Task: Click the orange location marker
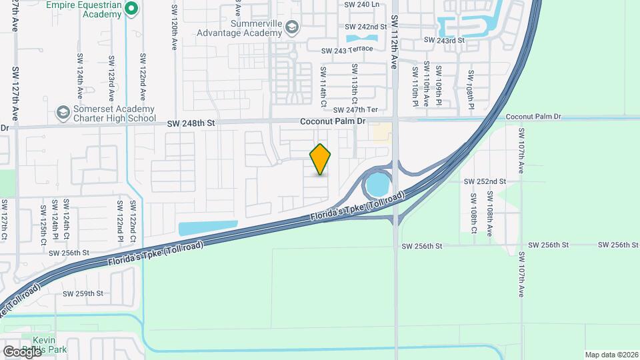320,159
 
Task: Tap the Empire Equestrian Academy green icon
131,9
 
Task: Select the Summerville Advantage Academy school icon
291,27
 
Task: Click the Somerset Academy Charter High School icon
63,112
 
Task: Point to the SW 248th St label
192,123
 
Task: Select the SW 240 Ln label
361,4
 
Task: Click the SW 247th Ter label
355,110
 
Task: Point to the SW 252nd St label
485,181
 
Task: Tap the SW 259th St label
83,293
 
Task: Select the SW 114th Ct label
323,86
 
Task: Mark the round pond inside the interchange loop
378,184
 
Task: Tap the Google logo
22,351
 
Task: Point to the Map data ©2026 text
611,354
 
